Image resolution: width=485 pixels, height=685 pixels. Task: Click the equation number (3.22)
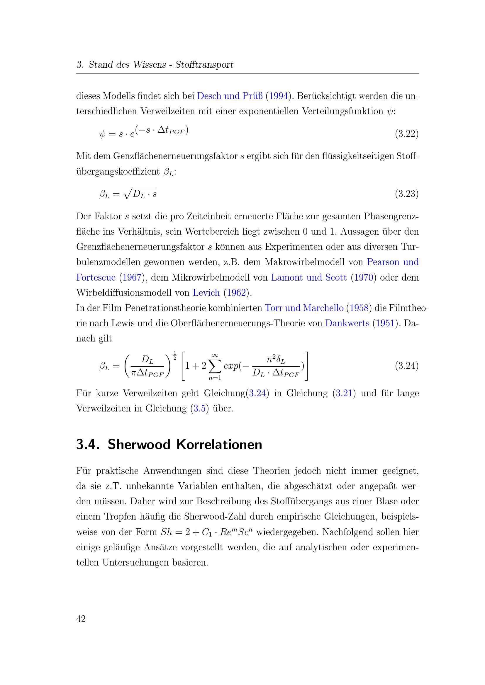406,134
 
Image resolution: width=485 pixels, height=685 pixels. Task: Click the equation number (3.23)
406,194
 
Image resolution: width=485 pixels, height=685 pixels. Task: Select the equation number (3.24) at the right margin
406,365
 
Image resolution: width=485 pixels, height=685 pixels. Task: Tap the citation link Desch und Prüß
230,96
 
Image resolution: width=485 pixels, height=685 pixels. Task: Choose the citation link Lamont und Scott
309,277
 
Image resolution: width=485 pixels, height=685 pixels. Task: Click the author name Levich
206,293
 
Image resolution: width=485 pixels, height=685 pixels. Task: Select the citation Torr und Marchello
304,308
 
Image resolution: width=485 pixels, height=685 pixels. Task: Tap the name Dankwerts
347,323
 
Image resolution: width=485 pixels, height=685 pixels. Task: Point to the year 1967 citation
132,277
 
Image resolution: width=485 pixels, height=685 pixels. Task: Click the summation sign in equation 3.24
215,366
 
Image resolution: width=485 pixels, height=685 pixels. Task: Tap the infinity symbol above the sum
215,355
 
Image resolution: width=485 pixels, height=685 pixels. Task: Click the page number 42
81,619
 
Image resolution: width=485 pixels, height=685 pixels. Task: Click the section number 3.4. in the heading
87,444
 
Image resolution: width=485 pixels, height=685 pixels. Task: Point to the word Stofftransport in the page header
204,65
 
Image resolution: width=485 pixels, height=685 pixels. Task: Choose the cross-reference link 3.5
199,409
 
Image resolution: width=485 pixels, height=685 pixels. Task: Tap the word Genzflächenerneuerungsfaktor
175,156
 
